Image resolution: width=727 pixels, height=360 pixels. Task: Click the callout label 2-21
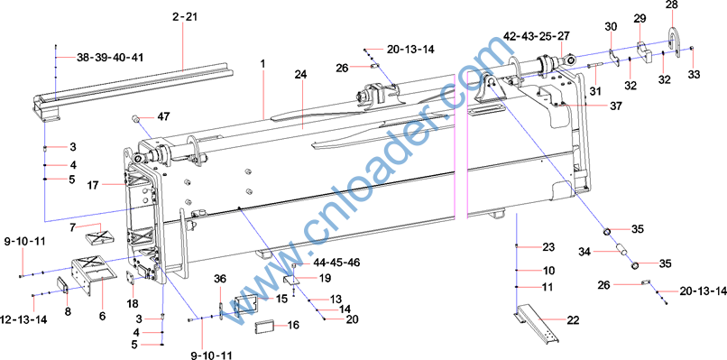(x=185, y=17)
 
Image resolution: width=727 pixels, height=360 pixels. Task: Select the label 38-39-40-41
(x=110, y=58)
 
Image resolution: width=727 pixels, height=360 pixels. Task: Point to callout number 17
(x=94, y=185)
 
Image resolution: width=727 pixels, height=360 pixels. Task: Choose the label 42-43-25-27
(x=537, y=36)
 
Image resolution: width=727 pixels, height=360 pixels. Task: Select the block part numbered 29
(x=643, y=52)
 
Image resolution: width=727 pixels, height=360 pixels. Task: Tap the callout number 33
(x=694, y=74)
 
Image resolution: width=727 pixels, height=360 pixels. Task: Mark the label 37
(x=615, y=106)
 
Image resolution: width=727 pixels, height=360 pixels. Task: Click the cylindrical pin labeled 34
(x=621, y=247)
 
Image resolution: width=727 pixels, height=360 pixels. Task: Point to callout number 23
(x=548, y=247)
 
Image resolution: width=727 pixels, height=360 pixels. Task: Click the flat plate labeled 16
(x=264, y=327)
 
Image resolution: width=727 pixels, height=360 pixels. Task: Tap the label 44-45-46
(x=336, y=263)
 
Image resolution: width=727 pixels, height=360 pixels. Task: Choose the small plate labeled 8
(x=62, y=285)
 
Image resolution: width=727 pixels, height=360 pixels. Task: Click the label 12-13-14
(x=26, y=319)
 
